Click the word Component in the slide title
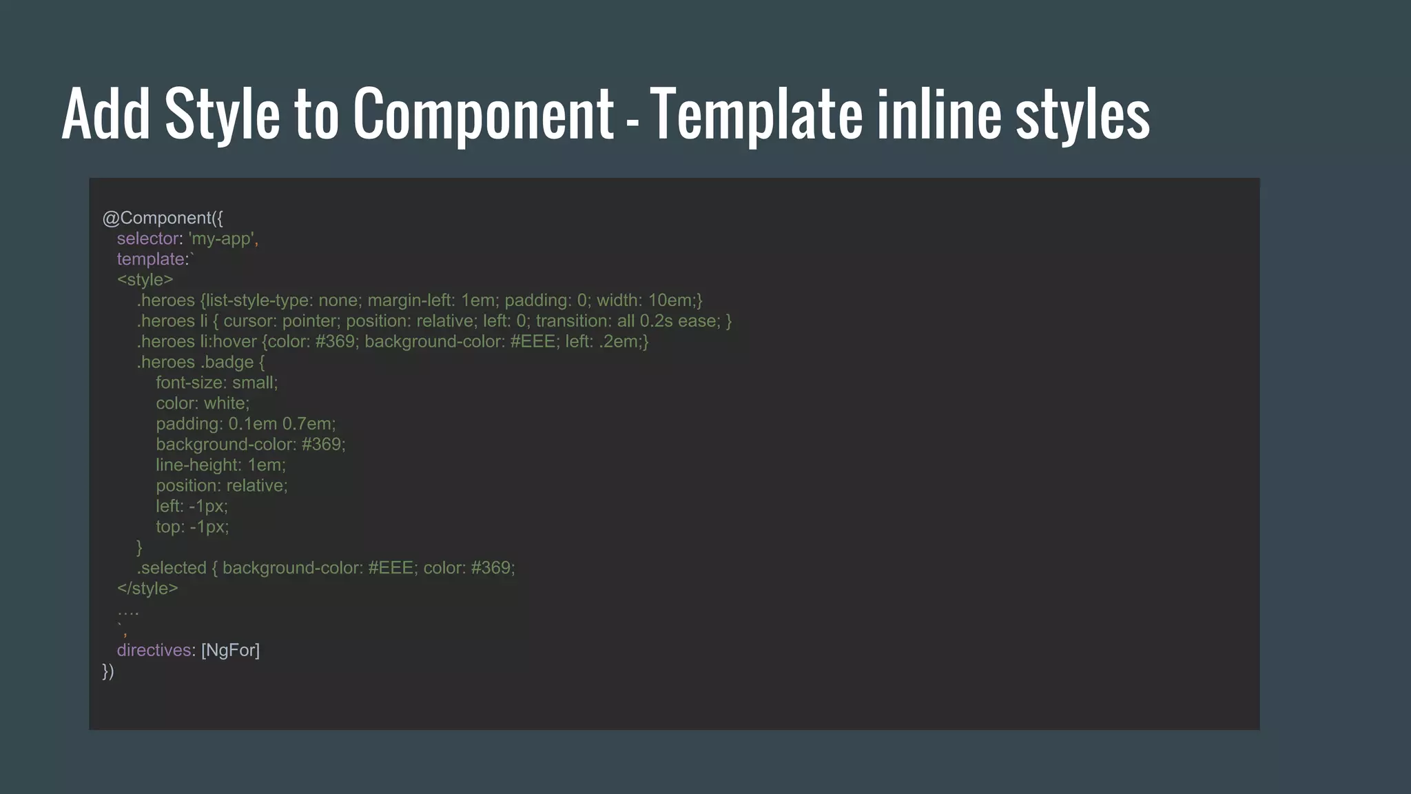coord(483,114)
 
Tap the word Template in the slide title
coord(755,114)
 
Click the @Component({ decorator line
coord(163,218)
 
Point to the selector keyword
coord(148,238)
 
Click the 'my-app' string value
coord(221,238)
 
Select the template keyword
coord(151,259)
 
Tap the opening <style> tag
coord(145,280)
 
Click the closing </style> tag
coord(147,589)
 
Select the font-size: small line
coord(216,383)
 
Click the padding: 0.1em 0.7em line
coord(245,424)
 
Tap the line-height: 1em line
coord(220,465)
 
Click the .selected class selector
coord(172,568)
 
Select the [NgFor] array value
coord(230,651)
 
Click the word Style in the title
coord(222,114)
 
